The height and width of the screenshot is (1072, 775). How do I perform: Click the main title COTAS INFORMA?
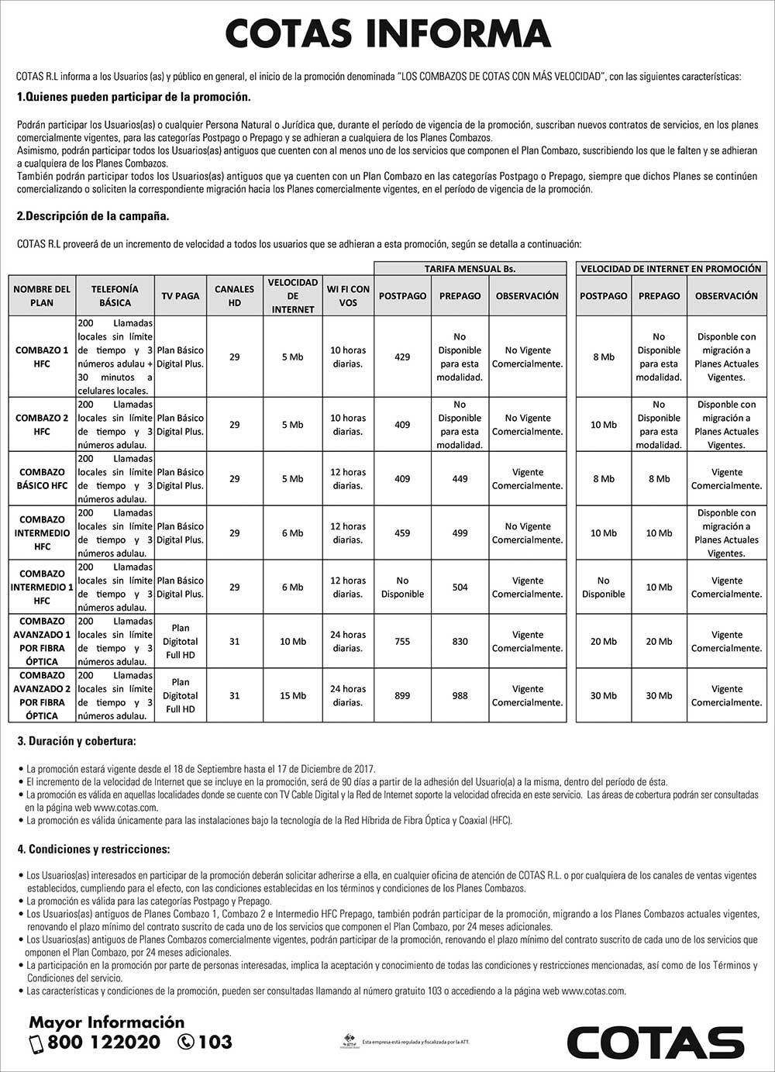(387, 35)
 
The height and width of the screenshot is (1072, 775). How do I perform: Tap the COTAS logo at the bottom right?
(656, 1040)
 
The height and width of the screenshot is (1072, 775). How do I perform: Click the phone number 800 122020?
(104, 1043)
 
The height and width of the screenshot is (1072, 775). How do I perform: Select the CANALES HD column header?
(234, 295)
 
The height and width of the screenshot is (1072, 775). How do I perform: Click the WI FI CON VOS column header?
(348, 295)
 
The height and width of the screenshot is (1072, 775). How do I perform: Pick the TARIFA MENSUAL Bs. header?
(470, 268)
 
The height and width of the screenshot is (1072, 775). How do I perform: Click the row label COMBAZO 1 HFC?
(42, 357)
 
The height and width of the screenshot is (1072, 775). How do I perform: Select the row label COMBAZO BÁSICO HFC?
(42, 478)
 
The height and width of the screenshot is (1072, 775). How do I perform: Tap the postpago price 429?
(402, 357)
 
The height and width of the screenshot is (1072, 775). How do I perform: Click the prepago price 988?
(460, 695)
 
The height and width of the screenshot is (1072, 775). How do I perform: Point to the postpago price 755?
(402, 641)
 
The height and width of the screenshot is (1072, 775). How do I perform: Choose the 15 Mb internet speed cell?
(293, 695)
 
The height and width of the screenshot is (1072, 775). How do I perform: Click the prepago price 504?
(460, 587)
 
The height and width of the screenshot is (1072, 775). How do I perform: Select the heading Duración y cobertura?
(77, 742)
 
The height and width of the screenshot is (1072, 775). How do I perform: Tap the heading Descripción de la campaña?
(93, 216)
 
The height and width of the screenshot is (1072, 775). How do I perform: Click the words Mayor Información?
(107, 1022)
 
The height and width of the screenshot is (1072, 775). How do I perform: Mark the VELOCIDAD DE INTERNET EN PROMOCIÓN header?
(671, 268)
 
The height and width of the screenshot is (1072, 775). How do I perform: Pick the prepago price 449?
(460, 478)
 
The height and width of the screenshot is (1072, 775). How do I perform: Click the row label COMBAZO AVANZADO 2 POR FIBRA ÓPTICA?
(42, 695)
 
